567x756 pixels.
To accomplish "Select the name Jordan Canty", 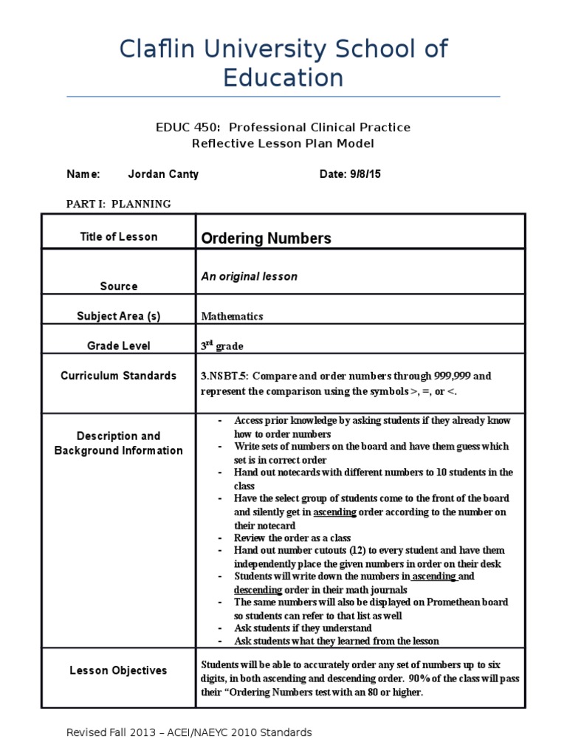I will [x=163, y=174].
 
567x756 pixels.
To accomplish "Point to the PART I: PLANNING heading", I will [x=119, y=204].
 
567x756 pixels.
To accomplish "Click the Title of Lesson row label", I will [x=119, y=236].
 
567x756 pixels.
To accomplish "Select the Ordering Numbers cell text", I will [x=267, y=238].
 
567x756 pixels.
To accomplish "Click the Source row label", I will [x=119, y=286].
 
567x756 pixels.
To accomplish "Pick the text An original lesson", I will [x=250, y=276].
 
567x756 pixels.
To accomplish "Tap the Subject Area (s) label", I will [x=119, y=316].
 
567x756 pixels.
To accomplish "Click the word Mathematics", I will [x=232, y=316].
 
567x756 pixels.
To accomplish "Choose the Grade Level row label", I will [x=119, y=346].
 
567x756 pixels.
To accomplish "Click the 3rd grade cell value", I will [x=222, y=346].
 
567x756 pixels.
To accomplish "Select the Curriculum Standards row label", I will [x=119, y=375].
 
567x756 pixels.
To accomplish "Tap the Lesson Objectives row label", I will [x=119, y=670].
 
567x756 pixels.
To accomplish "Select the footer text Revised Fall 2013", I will [x=111, y=732].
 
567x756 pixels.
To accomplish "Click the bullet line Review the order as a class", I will [x=292, y=537].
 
